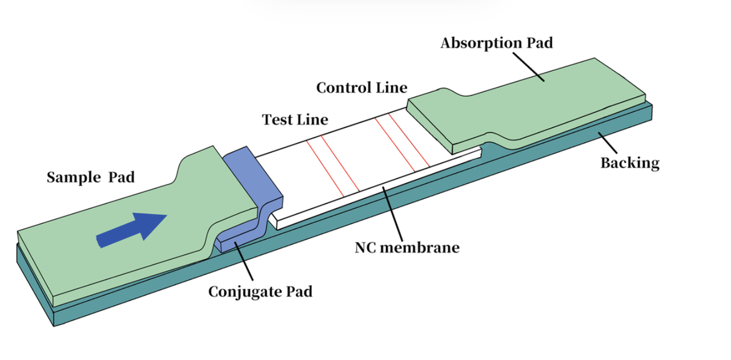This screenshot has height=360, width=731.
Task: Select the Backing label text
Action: click(x=629, y=163)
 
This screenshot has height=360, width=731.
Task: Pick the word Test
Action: click(x=276, y=120)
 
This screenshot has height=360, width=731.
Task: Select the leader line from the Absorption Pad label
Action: click(x=528, y=66)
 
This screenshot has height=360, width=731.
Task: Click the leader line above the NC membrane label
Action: click(x=393, y=215)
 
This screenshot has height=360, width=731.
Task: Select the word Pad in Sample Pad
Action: click(x=121, y=178)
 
